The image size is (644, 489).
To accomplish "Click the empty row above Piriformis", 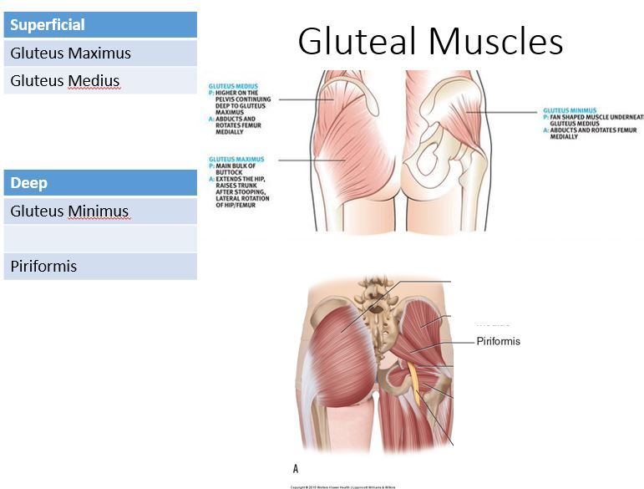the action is click(100, 239).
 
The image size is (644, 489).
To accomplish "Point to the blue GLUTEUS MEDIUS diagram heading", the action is click(233, 86).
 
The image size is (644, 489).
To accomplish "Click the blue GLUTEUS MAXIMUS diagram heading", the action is click(236, 159).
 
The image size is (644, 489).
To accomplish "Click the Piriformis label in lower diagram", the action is click(498, 341).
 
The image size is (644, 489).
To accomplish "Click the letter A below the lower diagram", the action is click(296, 469).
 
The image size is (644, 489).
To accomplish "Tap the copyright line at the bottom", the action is click(342, 486).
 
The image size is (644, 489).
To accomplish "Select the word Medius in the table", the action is click(94, 81).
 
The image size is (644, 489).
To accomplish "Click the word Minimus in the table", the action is click(99, 211).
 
